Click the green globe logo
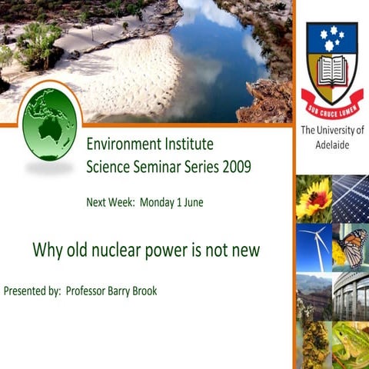pyautogui.click(x=49, y=124)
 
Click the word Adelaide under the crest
pyautogui.click(x=332, y=144)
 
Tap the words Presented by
pyautogui.click(x=32, y=291)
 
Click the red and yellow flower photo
pyautogui.click(x=313, y=198)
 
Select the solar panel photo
pyautogui.click(x=351, y=198)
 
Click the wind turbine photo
pyautogui.click(x=313, y=247)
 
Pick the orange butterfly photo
pyautogui.click(x=351, y=247)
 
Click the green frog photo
pyautogui.click(x=351, y=344)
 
